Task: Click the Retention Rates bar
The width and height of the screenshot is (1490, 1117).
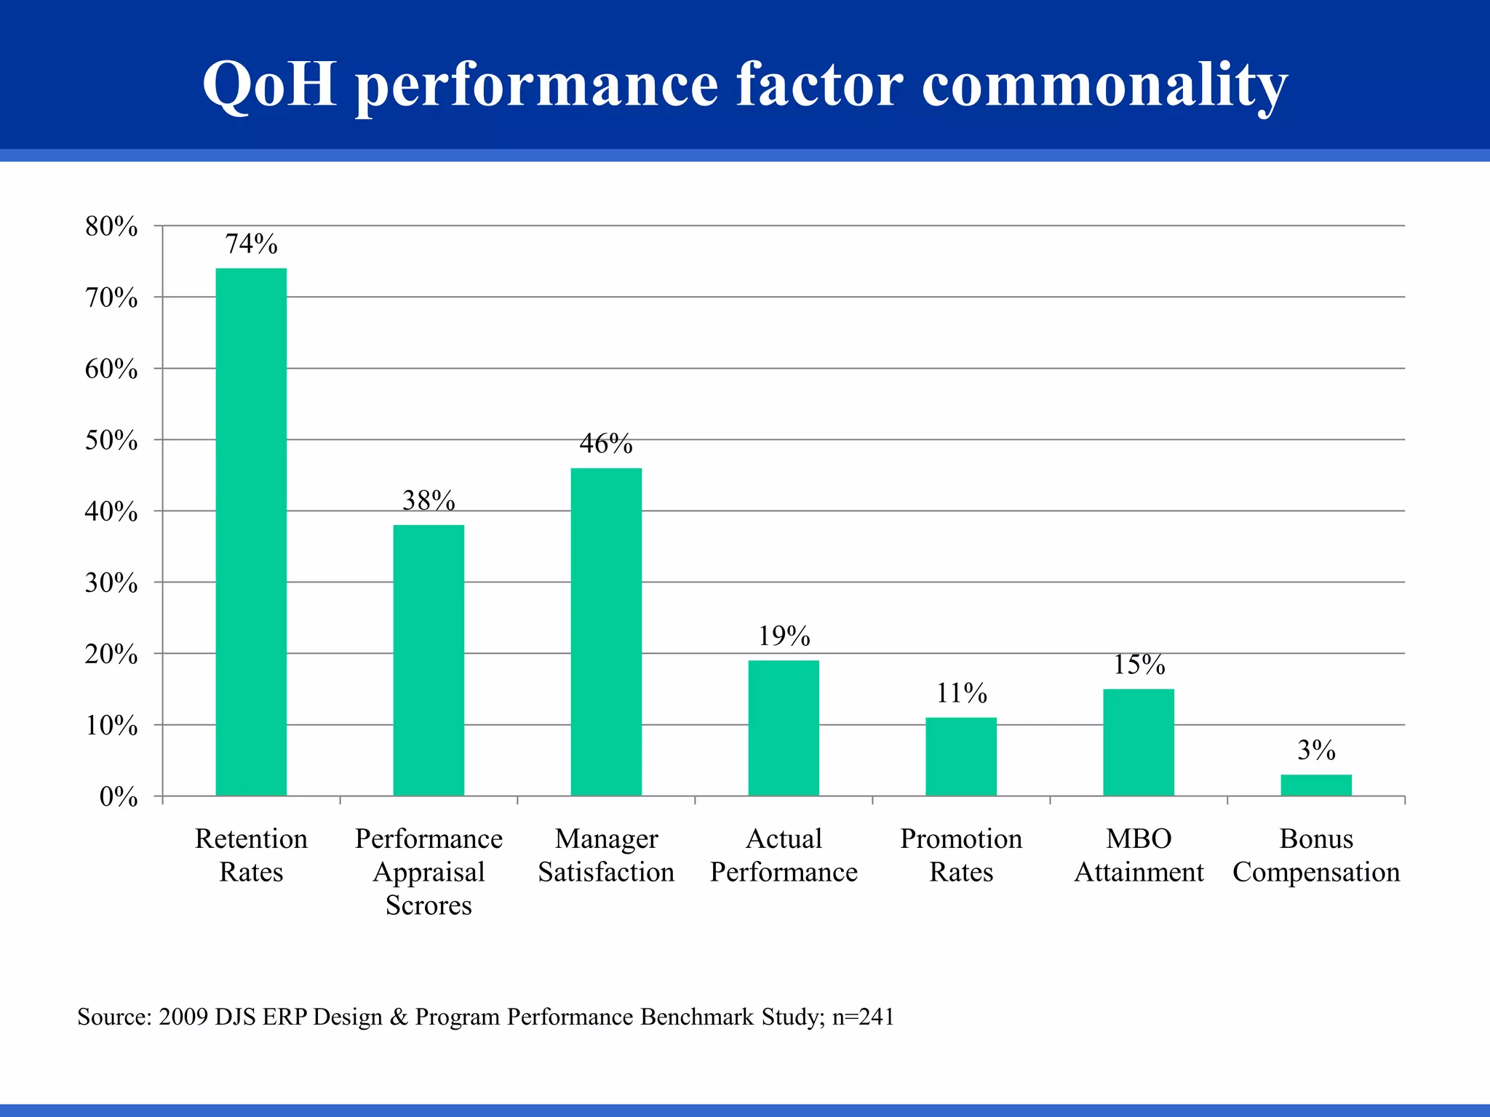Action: [251, 532]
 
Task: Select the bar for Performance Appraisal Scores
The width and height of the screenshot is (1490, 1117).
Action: [429, 660]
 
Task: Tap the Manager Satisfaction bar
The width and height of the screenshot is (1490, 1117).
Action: [606, 631]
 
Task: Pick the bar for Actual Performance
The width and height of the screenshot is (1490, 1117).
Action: [784, 727]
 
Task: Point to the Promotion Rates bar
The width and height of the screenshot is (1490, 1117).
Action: [961, 756]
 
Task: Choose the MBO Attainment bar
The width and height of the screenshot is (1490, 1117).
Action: [1139, 742]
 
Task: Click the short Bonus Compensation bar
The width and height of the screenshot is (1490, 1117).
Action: [1316, 785]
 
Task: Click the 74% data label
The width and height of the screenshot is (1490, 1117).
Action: [251, 244]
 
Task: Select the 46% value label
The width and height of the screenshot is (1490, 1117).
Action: [606, 444]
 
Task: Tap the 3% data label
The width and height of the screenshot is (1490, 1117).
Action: [1316, 750]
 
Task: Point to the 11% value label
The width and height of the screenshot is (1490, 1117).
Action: [961, 694]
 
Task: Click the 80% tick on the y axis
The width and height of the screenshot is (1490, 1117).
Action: [111, 227]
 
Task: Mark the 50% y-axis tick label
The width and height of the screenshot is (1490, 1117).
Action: [111, 441]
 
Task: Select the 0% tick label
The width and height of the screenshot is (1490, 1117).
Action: [119, 798]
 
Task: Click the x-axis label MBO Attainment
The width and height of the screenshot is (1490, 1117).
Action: [1139, 855]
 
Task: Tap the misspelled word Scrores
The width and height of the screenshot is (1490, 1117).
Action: [429, 905]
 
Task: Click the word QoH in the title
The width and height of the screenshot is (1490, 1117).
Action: [269, 84]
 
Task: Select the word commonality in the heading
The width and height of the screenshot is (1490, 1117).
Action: [1104, 86]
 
